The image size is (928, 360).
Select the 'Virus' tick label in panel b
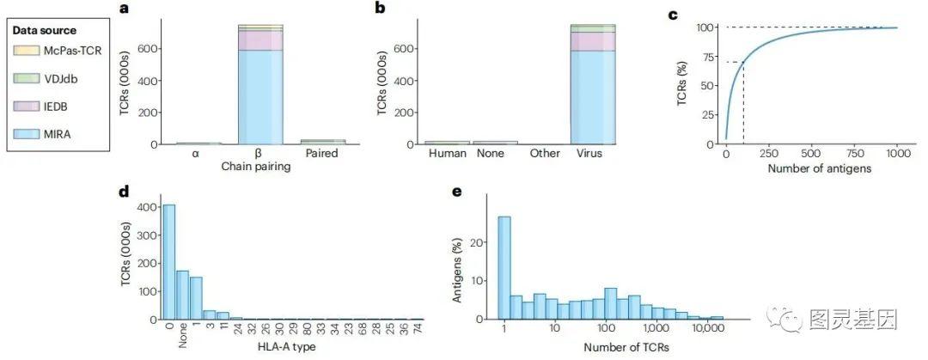click(x=593, y=155)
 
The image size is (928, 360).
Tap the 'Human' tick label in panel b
click(x=447, y=155)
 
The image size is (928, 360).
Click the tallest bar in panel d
click(x=169, y=261)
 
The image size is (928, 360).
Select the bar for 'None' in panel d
click(x=183, y=295)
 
